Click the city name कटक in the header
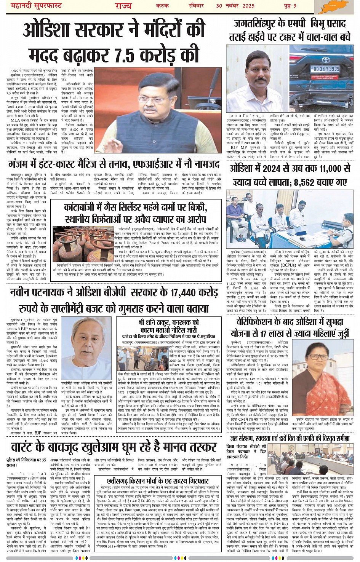tap(163, 6)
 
